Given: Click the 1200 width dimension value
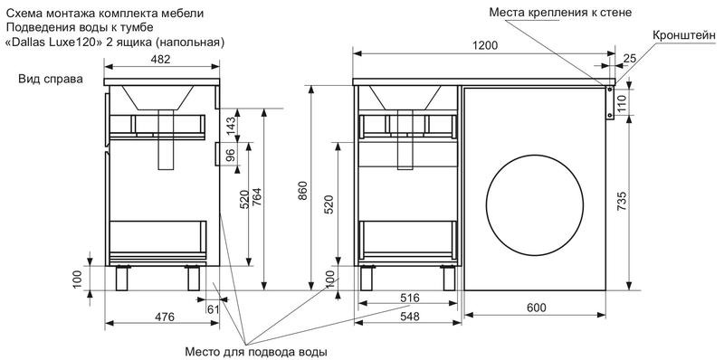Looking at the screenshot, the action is (x=484, y=45).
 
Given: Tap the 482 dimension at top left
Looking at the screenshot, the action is (x=161, y=59).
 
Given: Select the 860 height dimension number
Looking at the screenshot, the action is (x=302, y=191).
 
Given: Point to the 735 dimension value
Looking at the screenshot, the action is (x=622, y=200).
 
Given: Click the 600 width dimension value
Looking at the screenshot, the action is (x=536, y=308).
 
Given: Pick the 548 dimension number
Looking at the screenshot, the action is (x=410, y=317).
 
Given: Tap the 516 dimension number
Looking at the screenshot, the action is (x=410, y=298).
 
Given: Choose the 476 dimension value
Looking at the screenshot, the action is (x=165, y=317).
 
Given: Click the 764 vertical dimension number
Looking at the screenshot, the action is (x=256, y=198).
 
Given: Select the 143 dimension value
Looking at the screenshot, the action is (x=232, y=126).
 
